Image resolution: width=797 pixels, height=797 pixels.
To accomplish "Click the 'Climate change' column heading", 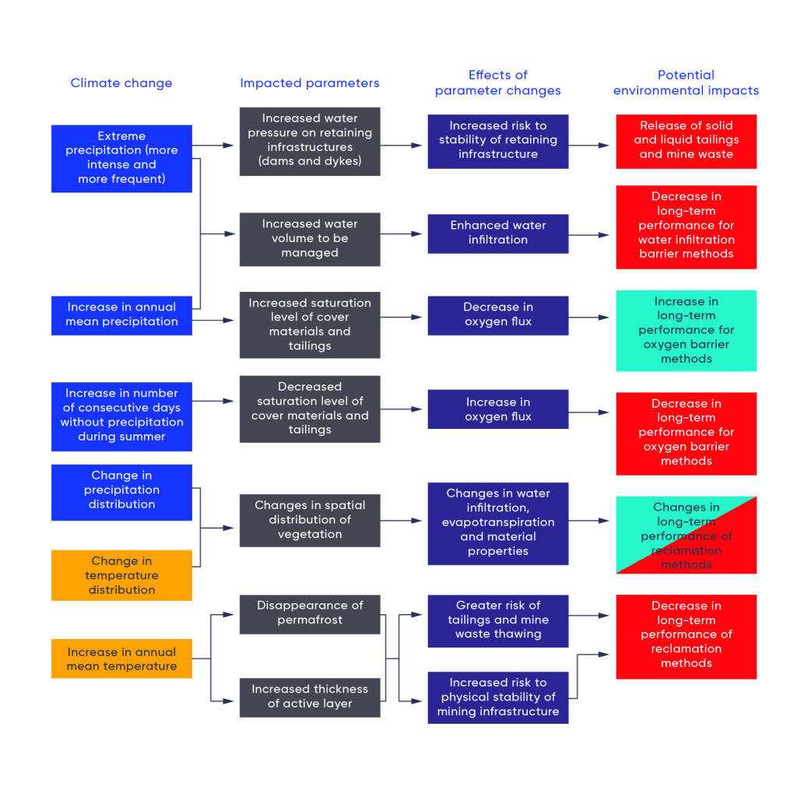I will point(121,83).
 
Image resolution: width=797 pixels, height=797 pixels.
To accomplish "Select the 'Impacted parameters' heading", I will point(310,83).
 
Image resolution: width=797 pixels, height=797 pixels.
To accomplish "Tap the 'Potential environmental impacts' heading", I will point(686,83).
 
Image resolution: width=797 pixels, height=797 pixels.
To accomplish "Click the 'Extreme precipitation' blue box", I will point(121,158).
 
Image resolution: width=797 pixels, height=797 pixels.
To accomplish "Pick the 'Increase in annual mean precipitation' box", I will point(121,314).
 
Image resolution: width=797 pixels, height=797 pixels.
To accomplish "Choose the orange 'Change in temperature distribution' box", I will point(121,575).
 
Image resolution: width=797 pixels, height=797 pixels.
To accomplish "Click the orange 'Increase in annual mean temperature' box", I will point(121,658).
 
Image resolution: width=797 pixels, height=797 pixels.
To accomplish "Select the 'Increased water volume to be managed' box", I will point(310,239).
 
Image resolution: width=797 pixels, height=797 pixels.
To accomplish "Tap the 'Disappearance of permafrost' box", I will point(310,613).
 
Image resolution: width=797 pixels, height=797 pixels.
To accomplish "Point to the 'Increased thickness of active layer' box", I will point(310,697).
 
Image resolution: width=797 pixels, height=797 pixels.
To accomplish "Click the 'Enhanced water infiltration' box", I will point(498,233).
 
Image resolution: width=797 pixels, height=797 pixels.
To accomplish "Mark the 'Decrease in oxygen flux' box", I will point(498,314).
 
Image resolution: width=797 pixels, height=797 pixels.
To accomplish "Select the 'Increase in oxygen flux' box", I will point(498,409).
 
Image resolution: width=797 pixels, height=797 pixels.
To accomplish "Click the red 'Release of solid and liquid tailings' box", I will point(686,140).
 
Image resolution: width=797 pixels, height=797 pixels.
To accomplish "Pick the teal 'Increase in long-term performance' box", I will point(686,331).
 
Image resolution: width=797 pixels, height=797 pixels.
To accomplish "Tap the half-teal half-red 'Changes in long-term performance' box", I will point(686,535).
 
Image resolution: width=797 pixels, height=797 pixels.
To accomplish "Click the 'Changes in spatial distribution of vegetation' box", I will point(310,520).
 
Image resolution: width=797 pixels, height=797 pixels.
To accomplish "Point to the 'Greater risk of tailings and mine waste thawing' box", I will point(498,620).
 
